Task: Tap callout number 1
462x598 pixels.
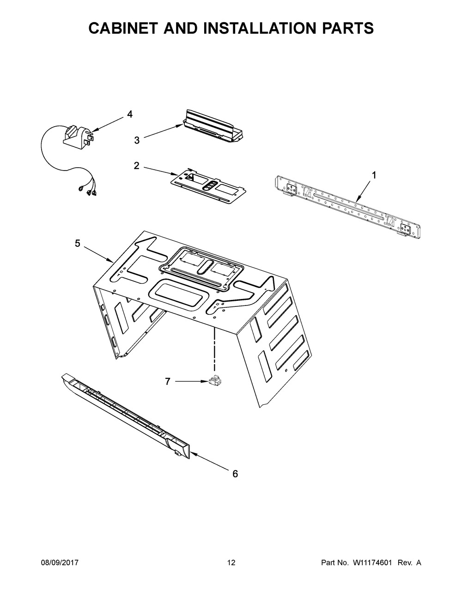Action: point(374,175)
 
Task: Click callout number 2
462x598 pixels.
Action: point(136,165)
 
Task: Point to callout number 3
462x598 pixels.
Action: point(137,140)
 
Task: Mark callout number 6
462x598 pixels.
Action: point(235,474)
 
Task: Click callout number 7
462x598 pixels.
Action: point(167,381)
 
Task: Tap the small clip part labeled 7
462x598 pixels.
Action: point(214,381)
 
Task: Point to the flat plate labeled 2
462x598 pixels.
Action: point(208,185)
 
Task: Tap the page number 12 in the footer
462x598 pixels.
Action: point(231,563)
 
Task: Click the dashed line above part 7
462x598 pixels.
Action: point(214,347)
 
